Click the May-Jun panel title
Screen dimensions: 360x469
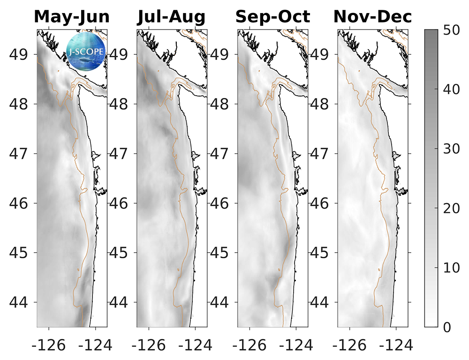click(x=72, y=17)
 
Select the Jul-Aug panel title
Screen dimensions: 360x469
click(x=172, y=17)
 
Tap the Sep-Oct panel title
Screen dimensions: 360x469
click(x=272, y=17)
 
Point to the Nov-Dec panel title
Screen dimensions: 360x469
click(x=373, y=17)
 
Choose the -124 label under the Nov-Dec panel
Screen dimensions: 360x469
click(x=397, y=345)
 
